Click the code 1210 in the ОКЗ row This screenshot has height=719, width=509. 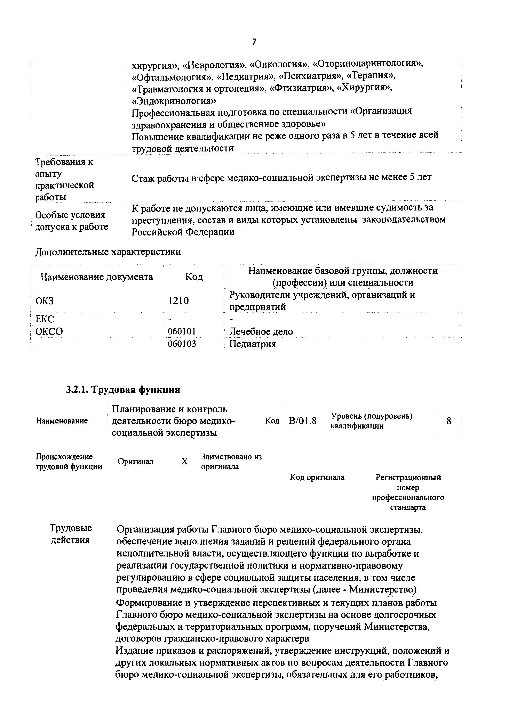178,301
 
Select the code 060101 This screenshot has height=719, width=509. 182,331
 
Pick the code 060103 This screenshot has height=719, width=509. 182,344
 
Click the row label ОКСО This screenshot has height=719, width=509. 49,331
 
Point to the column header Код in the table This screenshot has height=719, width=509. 194,277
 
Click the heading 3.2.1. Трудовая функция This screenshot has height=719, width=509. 123,390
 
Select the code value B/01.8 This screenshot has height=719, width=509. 302,421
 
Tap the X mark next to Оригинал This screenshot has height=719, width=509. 185,462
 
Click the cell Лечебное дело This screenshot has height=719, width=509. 261,331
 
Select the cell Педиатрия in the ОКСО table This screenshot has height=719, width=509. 253,344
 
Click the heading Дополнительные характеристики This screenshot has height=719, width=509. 108,252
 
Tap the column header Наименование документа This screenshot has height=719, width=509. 97,277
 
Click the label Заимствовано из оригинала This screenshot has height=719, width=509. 231,461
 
